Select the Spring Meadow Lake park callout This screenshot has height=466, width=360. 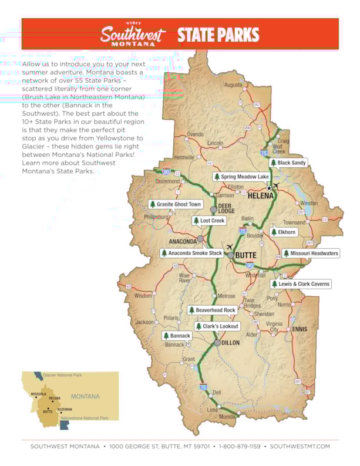(x=241, y=177)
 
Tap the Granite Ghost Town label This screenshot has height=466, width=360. (x=176, y=204)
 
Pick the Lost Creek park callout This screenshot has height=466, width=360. (x=209, y=221)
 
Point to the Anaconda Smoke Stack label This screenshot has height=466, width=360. (x=192, y=253)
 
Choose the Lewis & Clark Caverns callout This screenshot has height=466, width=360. (x=301, y=284)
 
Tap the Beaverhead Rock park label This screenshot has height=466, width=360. (x=212, y=310)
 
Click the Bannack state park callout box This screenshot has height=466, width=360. (x=177, y=336)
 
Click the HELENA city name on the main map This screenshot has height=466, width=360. (x=260, y=195)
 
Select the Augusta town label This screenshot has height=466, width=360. (x=233, y=85)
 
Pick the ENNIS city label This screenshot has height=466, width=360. (x=300, y=329)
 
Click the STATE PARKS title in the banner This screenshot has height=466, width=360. (x=218, y=35)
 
